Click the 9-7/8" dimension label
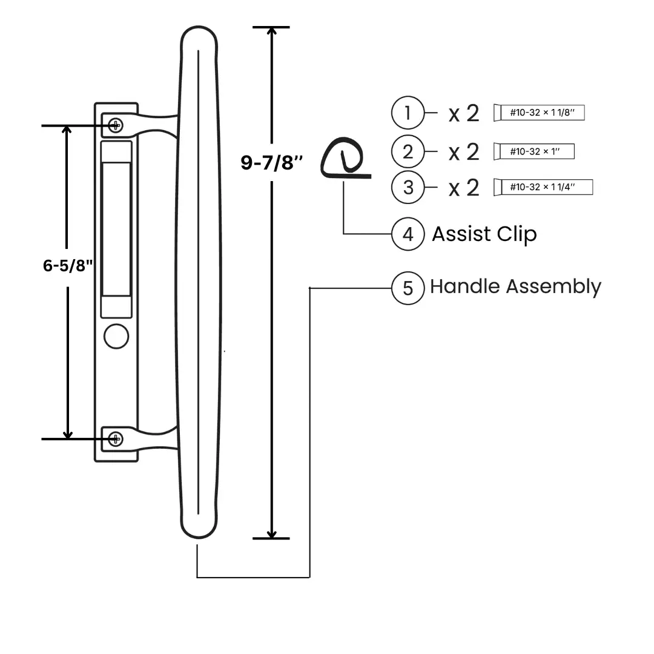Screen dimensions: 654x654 (x=272, y=162)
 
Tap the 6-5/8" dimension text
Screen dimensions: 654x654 (x=67, y=265)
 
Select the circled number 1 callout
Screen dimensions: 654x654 (x=408, y=113)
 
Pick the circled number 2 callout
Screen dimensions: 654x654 (x=408, y=151)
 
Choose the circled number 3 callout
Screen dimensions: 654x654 (x=408, y=187)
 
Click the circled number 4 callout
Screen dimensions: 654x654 (x=408, y=234)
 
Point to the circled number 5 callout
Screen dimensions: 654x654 (x=408, y=288)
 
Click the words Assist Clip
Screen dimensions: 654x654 (x=484, y=234)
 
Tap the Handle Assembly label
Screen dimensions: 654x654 (x=515, y=286)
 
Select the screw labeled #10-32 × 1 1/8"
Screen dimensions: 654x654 (x=539, y=113)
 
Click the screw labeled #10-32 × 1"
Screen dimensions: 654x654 (x=534, y=151)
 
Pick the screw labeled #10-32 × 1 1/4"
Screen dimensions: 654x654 (x=543, y=187)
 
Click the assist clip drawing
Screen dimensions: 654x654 (x=343, y=159)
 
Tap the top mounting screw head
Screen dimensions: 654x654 (x=115, y=125)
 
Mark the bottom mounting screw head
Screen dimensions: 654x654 (x=115, y=439)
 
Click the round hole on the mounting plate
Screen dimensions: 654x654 (x=116, y=336)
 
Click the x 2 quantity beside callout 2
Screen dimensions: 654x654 (x=464, y=151)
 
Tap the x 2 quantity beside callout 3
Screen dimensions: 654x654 (x=464, y=188)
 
